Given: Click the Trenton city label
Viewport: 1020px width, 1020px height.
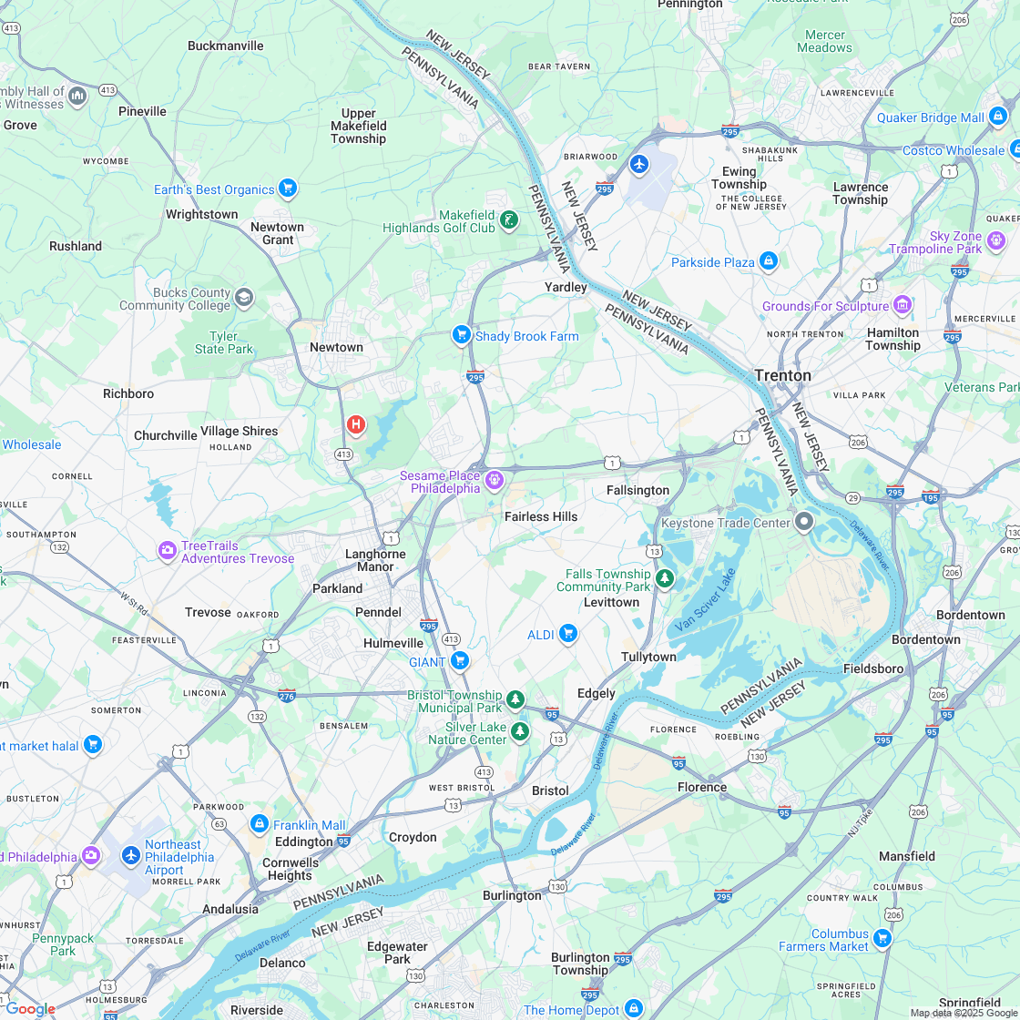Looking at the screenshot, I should (782, 375).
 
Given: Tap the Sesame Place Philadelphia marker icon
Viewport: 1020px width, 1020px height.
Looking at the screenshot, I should (495, 479).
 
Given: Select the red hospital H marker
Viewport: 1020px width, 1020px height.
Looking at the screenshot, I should (356, 424).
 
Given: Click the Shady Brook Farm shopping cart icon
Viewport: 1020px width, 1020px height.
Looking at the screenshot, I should (462, 335).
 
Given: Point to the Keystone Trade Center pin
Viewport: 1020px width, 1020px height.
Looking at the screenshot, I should (804, 522).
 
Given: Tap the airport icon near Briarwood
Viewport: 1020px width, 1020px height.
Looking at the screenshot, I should (639, 164).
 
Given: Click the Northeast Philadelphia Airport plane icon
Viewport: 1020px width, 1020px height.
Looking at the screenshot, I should (131, 855).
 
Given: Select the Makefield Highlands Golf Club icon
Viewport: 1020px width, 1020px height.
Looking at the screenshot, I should (509, 219).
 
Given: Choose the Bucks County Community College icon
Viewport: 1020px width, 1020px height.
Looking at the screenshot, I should (244, 297).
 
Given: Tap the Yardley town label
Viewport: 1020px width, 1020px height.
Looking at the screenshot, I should (566, 287).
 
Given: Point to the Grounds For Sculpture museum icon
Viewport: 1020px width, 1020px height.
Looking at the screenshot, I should (903, 304).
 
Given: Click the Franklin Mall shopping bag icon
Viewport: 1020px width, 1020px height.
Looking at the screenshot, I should (259, 824).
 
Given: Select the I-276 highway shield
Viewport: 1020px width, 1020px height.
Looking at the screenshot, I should (287, 695).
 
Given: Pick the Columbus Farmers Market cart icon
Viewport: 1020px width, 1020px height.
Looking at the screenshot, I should (882, 937).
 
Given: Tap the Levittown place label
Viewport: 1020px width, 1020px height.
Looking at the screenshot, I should (611, 602).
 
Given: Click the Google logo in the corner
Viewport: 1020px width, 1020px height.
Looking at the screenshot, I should (29, 1008).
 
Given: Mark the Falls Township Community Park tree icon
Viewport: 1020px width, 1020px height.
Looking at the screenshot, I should (665, 578).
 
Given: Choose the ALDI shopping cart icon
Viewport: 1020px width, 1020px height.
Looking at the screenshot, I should (568, 633).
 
